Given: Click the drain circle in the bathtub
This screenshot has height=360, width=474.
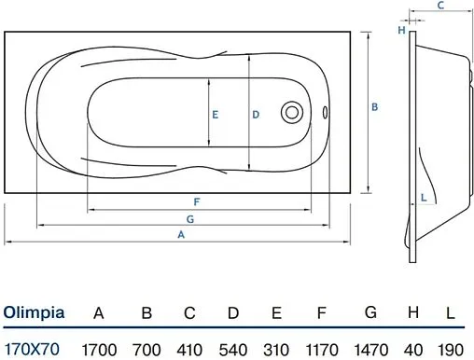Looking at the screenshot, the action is (x=292, y=112).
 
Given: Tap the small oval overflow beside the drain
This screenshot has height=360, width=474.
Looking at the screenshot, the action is (x=325, y=112).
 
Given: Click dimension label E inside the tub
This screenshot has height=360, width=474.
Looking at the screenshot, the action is (x=215, y=115).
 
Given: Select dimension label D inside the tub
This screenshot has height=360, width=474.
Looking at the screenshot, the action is (x=256, y=115).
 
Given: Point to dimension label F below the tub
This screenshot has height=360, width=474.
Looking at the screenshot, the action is (x=197, y=202).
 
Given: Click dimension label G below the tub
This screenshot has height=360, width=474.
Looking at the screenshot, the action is (x=190, y=219).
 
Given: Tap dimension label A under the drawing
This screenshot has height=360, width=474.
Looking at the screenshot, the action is (x=181, y=235).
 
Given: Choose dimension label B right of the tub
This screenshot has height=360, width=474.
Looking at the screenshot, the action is (x=375, y=107).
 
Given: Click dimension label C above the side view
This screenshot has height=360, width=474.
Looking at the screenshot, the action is (x=440, y=6).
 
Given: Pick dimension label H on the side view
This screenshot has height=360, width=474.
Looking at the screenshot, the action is (x=402, y=30).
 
